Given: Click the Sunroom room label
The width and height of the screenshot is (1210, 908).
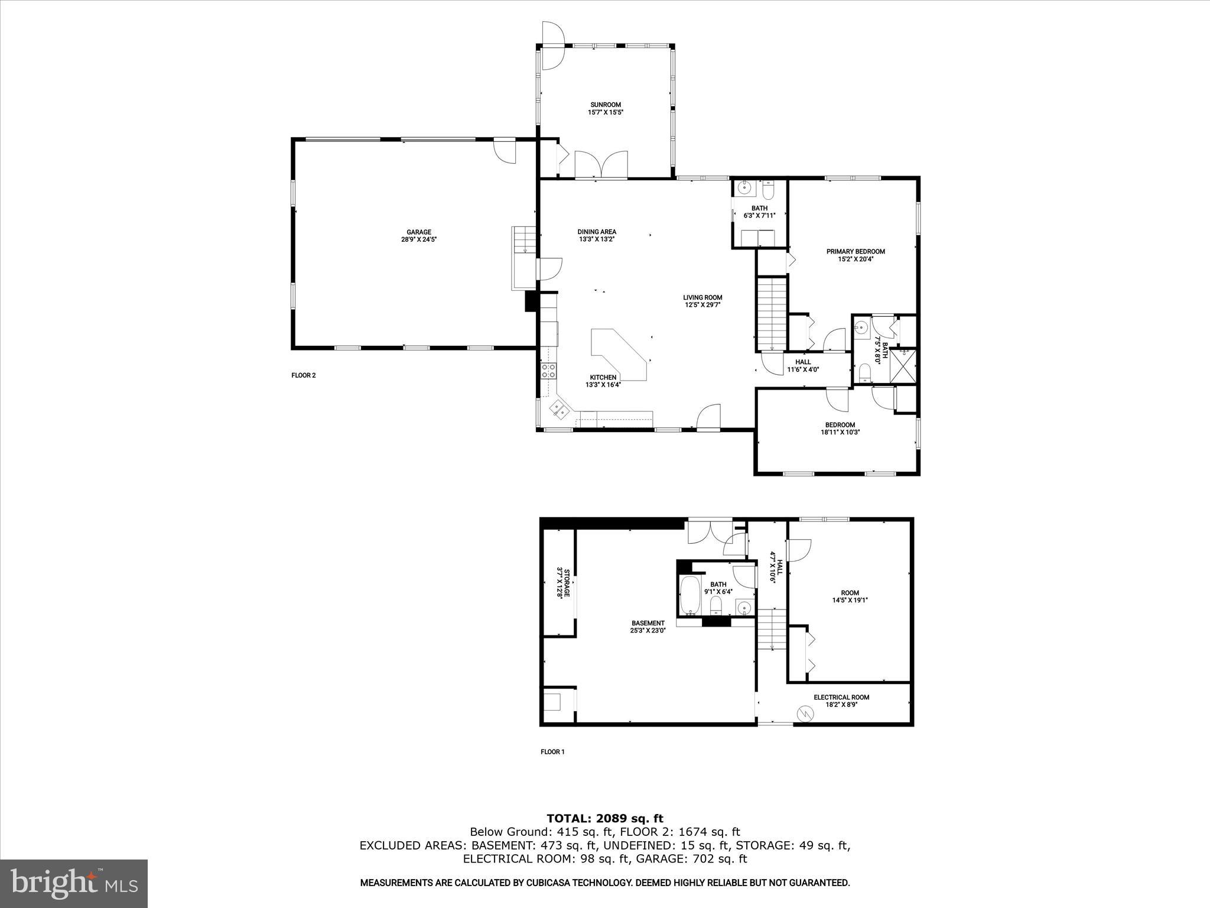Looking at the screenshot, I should coord(606,108).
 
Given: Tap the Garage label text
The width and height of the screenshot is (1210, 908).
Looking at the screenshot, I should coord(418,236).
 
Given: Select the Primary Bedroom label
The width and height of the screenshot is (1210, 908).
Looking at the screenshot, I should coord(856,255).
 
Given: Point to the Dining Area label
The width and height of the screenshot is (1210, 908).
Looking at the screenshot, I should coord(597,235).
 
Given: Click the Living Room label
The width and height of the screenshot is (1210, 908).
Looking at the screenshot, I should coord(702,301).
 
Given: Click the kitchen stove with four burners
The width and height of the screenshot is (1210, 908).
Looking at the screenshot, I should coord(548,371).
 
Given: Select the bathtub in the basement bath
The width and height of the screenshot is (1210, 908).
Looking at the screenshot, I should coord(689,596).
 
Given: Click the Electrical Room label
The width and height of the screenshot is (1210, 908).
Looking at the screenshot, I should coord(841,701).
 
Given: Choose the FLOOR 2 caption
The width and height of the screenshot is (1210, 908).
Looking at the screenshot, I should coord(304,375).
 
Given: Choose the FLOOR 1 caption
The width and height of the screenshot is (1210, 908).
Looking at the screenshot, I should coord(552,752).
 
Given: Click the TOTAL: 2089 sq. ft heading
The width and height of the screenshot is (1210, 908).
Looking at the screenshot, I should coord(605,819).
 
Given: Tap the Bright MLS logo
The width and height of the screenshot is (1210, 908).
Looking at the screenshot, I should coord(74,883).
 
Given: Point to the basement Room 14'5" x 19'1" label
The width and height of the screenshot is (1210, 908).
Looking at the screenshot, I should coord(850,596).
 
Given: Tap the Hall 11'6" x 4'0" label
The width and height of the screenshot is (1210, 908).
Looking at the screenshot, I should coord(803,366).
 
